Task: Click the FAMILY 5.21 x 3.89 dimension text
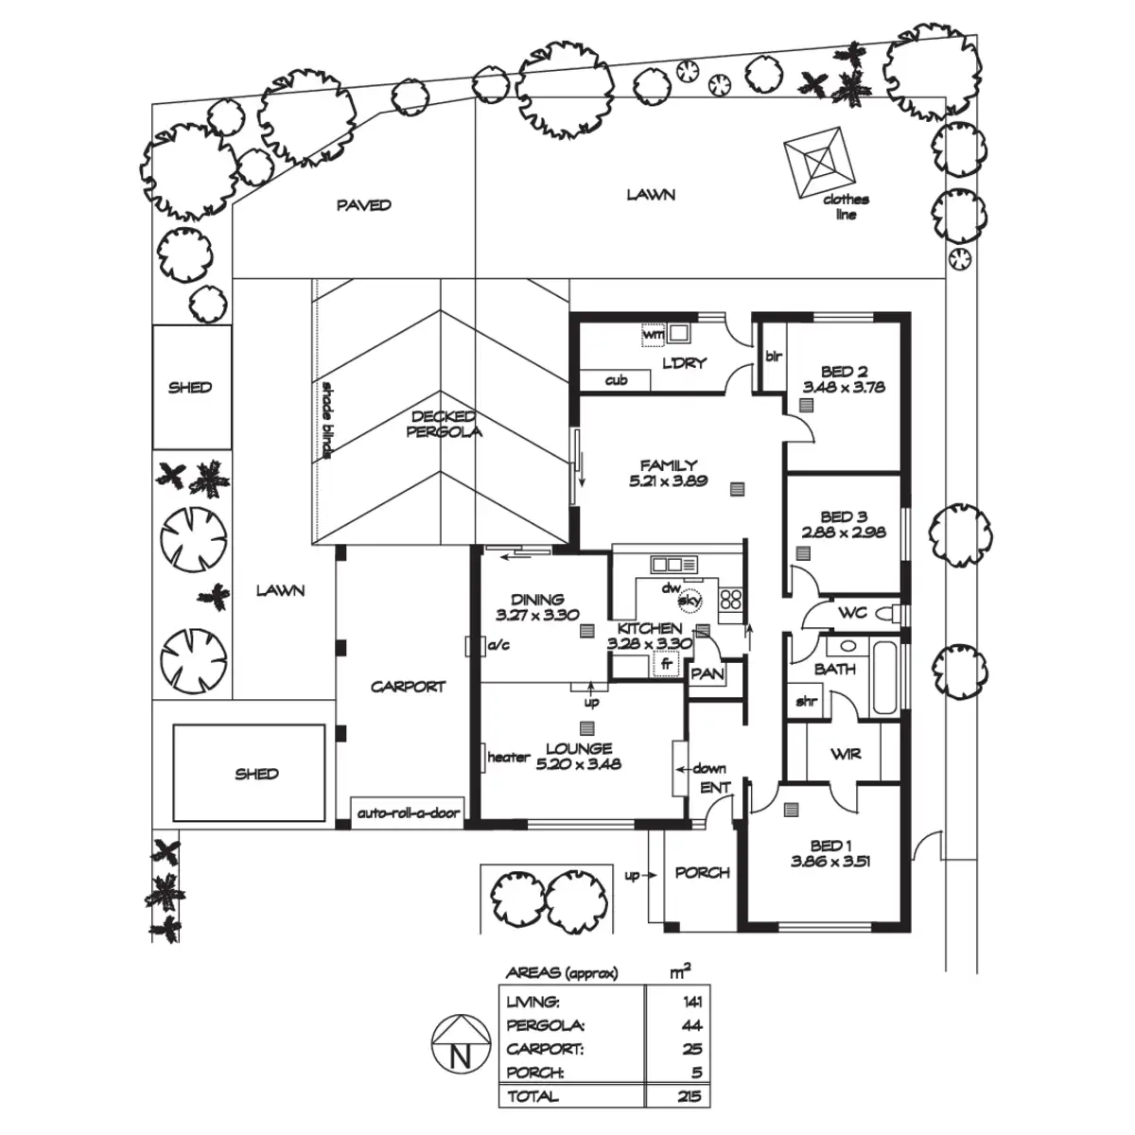tap(668, 480)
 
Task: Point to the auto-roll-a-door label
tap(408, 813)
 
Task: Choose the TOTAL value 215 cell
tap(689, 1096)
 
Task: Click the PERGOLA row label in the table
tap(546, 1025)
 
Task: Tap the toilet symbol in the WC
tap(886, 614)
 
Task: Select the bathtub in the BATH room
tap(886, 678)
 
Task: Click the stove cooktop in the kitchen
tap(732, 598)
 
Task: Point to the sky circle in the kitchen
tap(690, 600)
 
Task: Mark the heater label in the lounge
tap(508, 757)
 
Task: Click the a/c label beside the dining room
tap(498, 646)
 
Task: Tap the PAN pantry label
tap(707, 674)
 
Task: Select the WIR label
tap(845, 754)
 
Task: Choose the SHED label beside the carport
tap(256, 774)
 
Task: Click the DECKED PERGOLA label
tap(444, 425)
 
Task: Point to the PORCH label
tap(702, 872)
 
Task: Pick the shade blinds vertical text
tap(326, 420)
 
